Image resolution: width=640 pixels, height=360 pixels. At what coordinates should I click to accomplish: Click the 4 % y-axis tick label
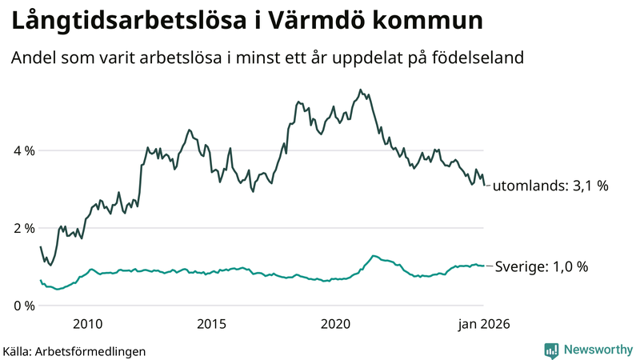click(x=22, y=150)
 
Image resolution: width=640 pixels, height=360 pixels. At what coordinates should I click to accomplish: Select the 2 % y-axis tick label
click(x=22, y=228)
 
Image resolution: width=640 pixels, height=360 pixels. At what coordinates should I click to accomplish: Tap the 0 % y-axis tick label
click(x=22, y=306)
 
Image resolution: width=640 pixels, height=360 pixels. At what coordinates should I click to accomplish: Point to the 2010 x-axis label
click(x=88, y=324)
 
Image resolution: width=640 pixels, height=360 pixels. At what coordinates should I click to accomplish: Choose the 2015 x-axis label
click(x=212, y=324)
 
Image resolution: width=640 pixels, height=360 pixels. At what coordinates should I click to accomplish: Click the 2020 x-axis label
click(x=336, y=324)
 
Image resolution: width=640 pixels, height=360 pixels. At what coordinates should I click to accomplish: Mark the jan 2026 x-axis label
click(x=483, y=324)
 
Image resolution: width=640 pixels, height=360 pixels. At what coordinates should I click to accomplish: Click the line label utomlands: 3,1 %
click(x=550, y=186)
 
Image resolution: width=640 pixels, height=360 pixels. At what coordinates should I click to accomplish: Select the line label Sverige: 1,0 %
click(x=542, y=267)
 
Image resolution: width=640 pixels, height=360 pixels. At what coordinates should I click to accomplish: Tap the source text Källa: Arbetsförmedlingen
click(x=74, y=350)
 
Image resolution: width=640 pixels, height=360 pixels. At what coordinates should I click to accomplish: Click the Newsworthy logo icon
click(x=552, y=350)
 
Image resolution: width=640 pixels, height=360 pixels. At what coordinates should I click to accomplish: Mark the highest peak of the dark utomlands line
click(x=360, y=90)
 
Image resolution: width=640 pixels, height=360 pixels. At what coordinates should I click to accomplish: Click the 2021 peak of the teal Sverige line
click(x=373, y=256)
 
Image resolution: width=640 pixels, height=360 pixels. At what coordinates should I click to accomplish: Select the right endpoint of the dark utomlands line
click(x=484, y=185)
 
